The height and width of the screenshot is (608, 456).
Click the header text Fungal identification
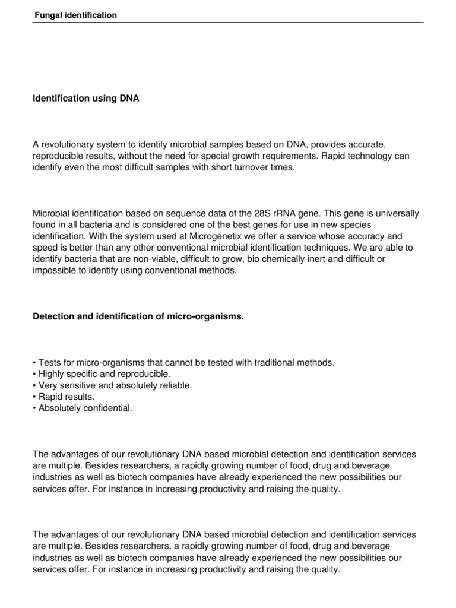pyautogui.click(x=75, y=15)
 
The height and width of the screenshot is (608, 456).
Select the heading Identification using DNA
pyautogui.click(x=85, y=99)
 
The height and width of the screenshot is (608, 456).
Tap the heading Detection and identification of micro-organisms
pyautogui.click(x=138, y=317)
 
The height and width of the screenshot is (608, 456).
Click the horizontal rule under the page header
pyautogui.click(x=228, y=23)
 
